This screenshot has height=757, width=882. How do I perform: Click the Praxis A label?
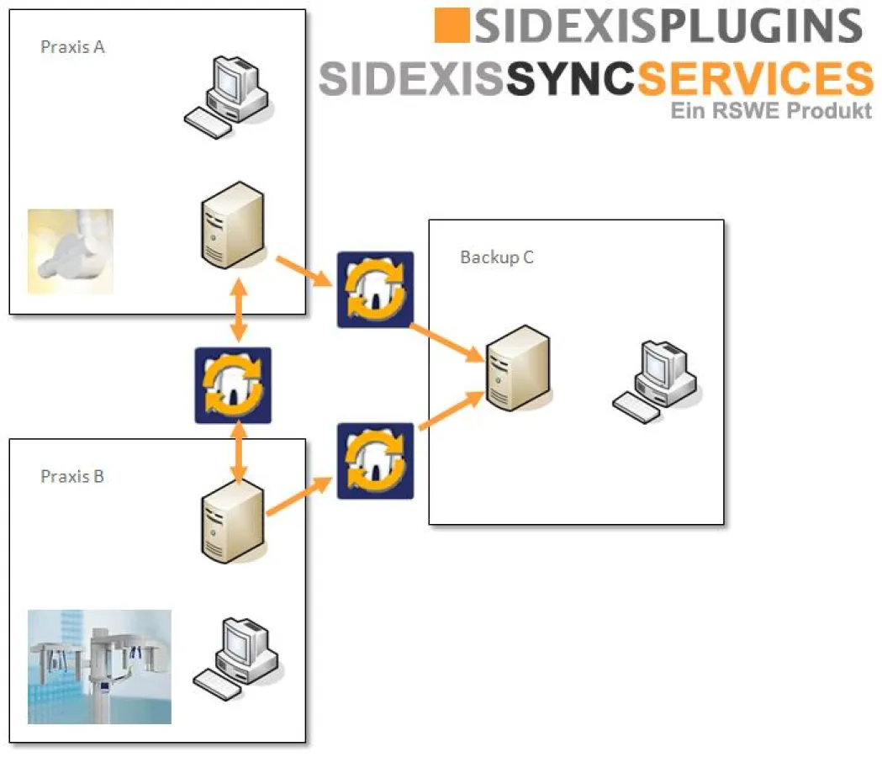(x=72, y=47)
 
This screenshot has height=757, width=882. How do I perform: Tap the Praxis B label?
(x=72, y=477)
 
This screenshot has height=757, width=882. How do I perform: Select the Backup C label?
(x=496, y=257)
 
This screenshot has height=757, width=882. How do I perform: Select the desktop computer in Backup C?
(x=657, y=378)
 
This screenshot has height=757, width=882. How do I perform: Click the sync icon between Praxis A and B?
(x=233, y=385)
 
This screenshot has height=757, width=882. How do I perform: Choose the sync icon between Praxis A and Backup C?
(x=375, y=289)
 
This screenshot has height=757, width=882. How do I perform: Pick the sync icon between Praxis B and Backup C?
(x=375, y=461)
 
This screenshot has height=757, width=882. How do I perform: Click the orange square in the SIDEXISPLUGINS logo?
(x=451, y=25)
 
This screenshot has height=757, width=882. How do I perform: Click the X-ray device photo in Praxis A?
(x=71, y=251)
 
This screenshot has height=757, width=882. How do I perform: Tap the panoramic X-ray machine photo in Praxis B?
(x=99, y=667)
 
